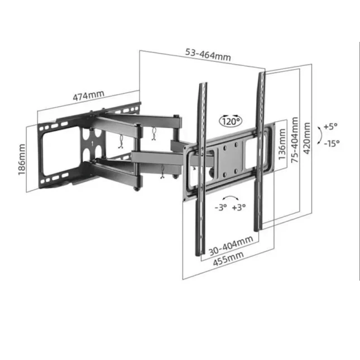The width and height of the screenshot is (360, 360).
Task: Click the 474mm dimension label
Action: (88, 95)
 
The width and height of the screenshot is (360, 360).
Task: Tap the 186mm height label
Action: (22, 160)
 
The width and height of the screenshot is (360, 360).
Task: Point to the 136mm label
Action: (282, 144)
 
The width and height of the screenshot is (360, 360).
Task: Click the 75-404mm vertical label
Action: (295, 140)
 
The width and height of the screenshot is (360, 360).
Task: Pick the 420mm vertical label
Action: (307, 138)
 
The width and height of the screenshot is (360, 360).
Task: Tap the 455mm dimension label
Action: (228, 259)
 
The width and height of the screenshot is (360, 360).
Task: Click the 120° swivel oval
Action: (231, 121)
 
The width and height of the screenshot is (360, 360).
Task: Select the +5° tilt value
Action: (330, 126)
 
